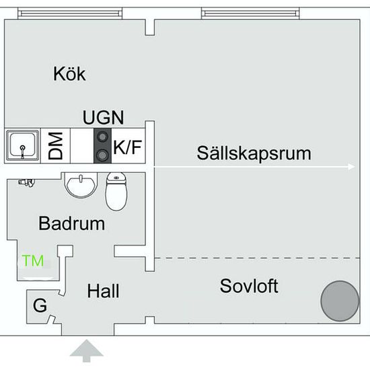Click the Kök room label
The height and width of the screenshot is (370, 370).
69,74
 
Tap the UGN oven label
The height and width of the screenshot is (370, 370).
103,117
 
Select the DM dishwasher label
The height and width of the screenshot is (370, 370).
55,145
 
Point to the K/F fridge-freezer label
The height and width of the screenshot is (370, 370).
128,147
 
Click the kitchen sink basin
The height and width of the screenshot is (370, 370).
22,145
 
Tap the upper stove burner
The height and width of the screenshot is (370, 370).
103,137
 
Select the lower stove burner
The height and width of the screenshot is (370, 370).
103,155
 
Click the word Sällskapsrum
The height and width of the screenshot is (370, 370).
254,153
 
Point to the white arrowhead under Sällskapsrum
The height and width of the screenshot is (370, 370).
351,167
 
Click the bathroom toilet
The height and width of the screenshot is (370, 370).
116,191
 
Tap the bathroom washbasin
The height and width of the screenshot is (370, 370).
81,186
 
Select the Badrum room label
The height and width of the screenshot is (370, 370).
71,223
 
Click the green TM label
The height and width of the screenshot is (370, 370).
33,261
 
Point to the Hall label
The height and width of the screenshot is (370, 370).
103,291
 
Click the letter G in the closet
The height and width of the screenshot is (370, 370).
40,305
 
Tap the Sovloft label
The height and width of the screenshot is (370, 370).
249,286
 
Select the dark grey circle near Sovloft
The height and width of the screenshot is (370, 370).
340,301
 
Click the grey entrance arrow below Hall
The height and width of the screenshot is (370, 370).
87,350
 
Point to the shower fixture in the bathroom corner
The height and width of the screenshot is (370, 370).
27,182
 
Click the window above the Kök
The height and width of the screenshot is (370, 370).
70,13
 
